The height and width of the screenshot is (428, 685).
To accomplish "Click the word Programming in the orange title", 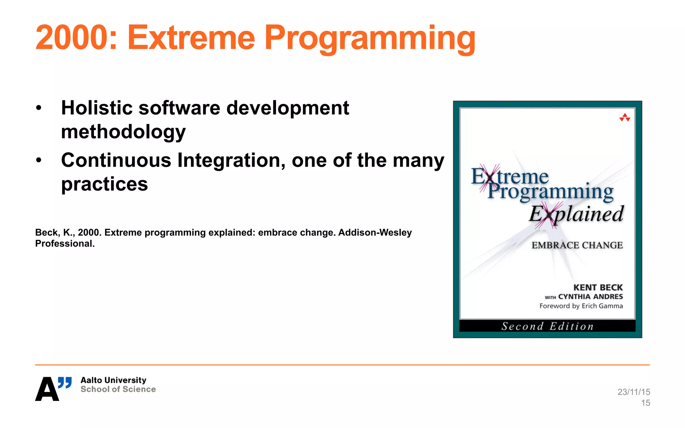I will [370, 37].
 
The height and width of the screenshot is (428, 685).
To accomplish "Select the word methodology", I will [123, 132].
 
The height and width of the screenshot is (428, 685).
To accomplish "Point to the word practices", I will [104, 184].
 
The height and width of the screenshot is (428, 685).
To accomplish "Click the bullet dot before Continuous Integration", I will [39, 160].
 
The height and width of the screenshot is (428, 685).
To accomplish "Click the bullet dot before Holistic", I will [39, 108].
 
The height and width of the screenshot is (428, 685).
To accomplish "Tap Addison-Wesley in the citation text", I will [375, 232].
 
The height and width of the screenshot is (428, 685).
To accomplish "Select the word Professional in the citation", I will [64, 243].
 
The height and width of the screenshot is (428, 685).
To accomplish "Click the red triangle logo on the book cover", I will [624, 117].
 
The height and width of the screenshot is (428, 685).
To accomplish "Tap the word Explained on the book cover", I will [576, 214].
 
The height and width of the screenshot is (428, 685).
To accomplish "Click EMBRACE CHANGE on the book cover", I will [577, 245].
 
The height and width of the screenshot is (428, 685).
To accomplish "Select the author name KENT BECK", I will [598, 288].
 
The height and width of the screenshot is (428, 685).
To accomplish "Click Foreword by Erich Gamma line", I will [581, 306].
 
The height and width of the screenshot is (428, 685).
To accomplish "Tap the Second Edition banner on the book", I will [547, 326].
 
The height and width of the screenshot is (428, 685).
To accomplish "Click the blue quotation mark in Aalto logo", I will [65, 382].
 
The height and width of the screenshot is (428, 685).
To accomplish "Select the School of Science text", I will [118, 389].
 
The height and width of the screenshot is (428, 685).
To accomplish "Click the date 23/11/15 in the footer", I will [633, 392].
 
